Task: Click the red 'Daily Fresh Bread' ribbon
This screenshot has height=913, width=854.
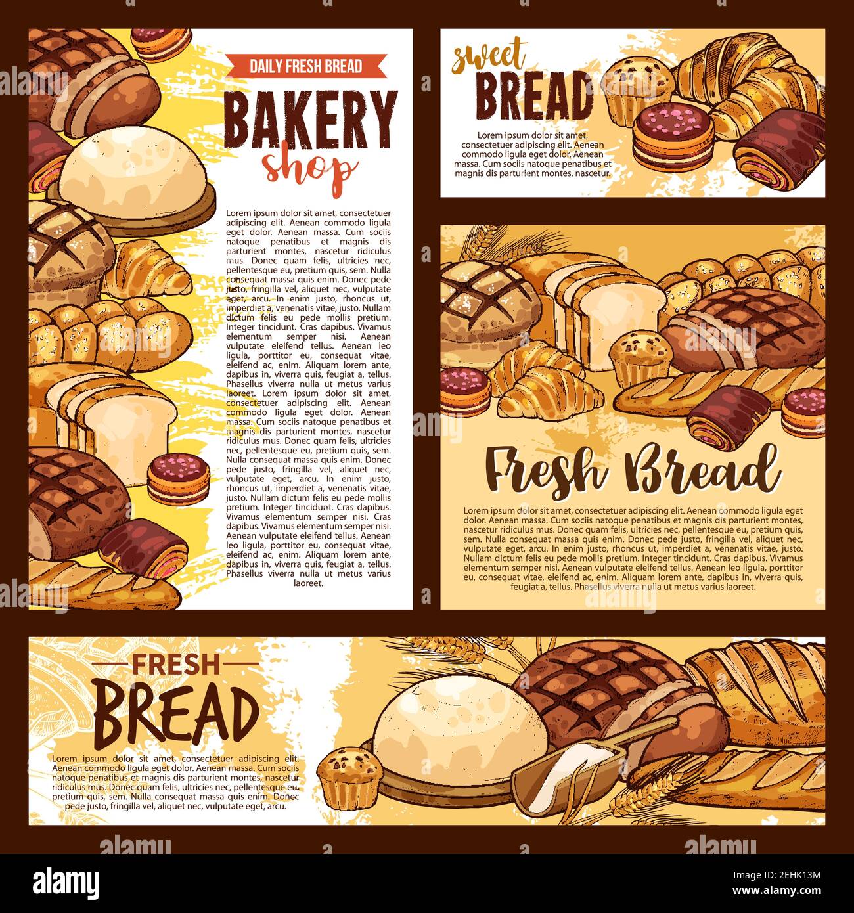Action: pos(305,66)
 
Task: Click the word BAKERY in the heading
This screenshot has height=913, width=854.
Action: pos(310,118)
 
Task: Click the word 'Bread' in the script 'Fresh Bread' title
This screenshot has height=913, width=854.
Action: pos(700,469)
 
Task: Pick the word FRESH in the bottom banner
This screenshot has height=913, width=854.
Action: pos(176,665)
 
